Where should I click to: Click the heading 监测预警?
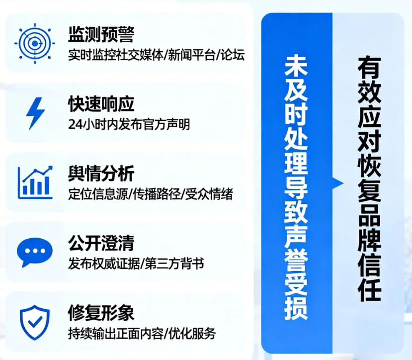click(101, 35)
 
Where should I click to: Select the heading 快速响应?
click(101, 104)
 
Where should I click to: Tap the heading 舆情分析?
click(101, 175)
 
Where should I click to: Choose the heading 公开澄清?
click(101, 244)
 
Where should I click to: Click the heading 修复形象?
click(101, 314)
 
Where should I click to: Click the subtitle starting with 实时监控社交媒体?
click(156, 54)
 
